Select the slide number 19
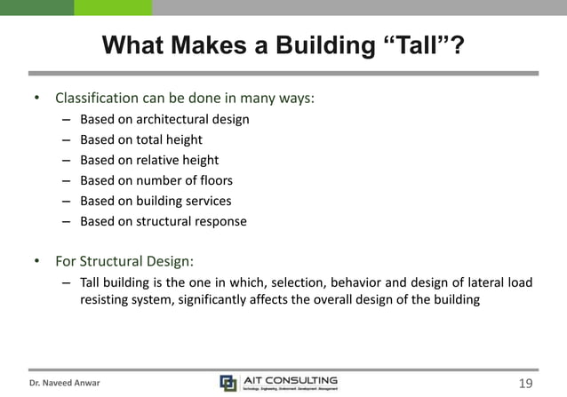click(524, 384)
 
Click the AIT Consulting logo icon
click(228, 383)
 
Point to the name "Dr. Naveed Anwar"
click(65, 384)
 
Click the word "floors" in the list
click(214, 180)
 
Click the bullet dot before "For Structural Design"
click(37, 262)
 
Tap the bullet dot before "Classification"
click(37, 98)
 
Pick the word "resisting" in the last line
click(107, 299)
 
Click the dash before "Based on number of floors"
click(67, 180)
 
